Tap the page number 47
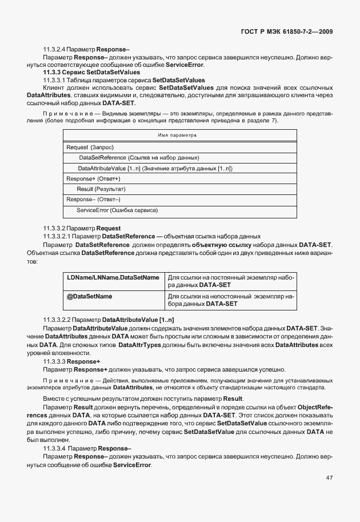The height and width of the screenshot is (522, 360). click(x=329, y=478)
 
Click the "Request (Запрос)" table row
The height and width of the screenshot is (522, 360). click(x=90, y=147)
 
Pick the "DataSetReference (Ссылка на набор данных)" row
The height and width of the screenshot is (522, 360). click(x=139, y=157)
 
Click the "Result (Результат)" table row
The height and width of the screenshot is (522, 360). click(x=101, y=189)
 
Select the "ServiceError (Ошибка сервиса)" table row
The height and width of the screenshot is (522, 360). click(x=117, y=210)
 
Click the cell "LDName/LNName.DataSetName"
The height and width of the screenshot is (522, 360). click(x=113, y=277)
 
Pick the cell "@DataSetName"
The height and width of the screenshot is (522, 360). click(x=90, y=297)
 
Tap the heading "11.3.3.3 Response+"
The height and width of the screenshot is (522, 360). click(x=72, y=362)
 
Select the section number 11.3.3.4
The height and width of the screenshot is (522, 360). click(x=57, y=449)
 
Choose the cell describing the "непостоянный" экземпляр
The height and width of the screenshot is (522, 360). click(x=230, y=300)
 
